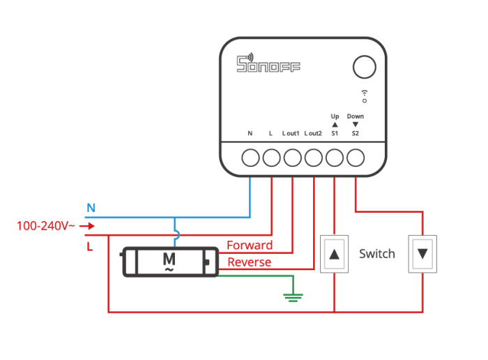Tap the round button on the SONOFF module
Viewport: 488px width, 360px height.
[364, 67]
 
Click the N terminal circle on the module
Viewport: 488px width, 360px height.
[250, 158]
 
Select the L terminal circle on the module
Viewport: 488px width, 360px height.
[271, 158]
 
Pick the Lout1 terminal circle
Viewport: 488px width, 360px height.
[292, 158]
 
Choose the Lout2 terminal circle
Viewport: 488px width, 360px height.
[314, 158]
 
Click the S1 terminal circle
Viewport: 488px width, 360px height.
[335, 158]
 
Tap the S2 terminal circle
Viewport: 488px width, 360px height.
[356, 158]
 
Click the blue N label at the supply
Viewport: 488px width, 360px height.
[91, 207]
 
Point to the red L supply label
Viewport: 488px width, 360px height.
[90, 246]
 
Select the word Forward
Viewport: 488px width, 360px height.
[250, 246]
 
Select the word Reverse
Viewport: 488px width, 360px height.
[249, 262]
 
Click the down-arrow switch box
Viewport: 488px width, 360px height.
[422, 253]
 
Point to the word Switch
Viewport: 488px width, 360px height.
[376, 253]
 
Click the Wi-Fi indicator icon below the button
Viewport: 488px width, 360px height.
[364, 96]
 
